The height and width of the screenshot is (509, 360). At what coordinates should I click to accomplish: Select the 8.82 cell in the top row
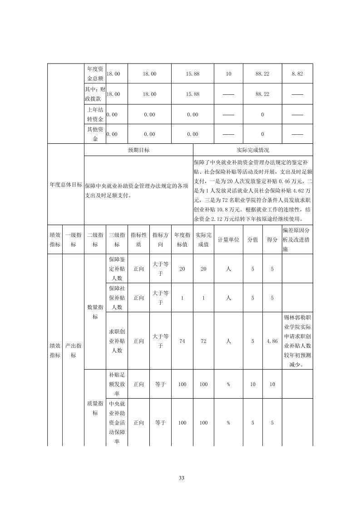click(x=297, y=73)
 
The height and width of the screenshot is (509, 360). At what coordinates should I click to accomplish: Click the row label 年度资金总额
click(x=95, y=73)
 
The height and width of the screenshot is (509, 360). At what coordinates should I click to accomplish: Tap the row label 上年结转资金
click(x=95, y=114)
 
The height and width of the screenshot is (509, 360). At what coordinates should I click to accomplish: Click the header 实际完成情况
click(x=253, y=150)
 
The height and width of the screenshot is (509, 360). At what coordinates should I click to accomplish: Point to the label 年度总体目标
click(x=66, y=185)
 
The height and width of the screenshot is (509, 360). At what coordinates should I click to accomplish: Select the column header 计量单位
click(x=228, y=240)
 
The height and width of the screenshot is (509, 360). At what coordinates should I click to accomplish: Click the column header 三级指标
click(x=117, y=240)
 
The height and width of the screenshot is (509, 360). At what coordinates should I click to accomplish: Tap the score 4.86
click(x=272, y=341)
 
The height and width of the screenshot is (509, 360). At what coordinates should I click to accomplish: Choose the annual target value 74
click(x=182, y=341)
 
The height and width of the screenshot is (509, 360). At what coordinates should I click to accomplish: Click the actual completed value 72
click(x=203, y=341)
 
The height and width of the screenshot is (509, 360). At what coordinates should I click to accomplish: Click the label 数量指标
click(x=95, y=312)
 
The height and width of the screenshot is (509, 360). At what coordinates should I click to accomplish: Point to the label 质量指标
click(x=95, y=408)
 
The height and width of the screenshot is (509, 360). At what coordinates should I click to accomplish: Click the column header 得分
click(x=272, y=240)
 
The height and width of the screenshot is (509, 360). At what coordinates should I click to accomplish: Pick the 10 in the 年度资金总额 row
click(x=228, y=73)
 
